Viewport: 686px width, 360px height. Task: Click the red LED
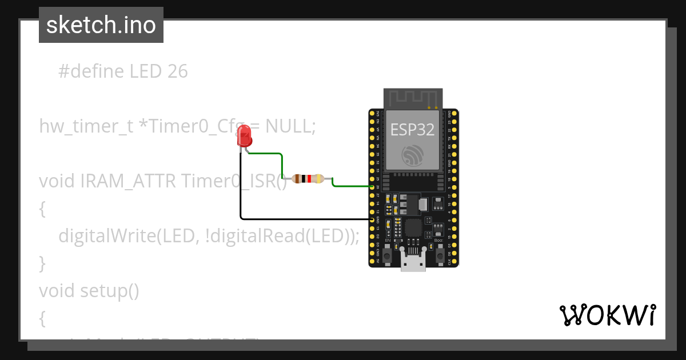pyautogui.click(x=244, y=136)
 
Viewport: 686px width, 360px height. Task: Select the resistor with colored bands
pyautogui.click(x=308, y=178)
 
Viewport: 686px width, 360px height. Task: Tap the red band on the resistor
pyautogui.click(x=309, y=178)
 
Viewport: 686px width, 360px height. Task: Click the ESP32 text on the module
pyautogui.click(x=412, y=130)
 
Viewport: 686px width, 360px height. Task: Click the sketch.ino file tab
pyautogui.click(x=101, y=25)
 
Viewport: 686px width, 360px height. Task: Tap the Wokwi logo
pyautogui.click(x=607, y=315)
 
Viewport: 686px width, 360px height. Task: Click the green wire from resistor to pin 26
pyautogui.click(x=352, y=186)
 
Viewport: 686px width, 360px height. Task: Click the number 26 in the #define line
pyautogui.click(x=178, y=71)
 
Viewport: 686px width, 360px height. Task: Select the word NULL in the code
pyautogui.click(x=288, y=126)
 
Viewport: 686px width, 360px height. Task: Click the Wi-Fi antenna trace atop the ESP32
pyautogui.click(x=412, y=98)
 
